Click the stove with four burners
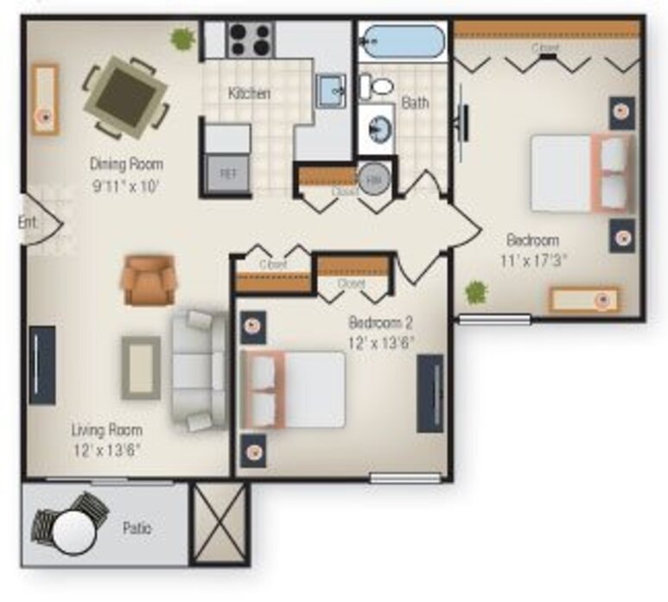point(250,40)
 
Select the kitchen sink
point(330,90)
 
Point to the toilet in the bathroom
point(377,85)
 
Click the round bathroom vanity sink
point(378,130)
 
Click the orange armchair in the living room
point(149,279)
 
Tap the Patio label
point(137,528)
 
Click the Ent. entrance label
point(29,222)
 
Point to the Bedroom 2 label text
point(380,322)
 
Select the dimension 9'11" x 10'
point(126,183)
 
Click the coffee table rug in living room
point(140,367)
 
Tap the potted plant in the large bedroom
point(475,292)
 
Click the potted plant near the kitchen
point(182,38)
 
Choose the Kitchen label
point(249,93)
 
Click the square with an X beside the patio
point(219,523)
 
